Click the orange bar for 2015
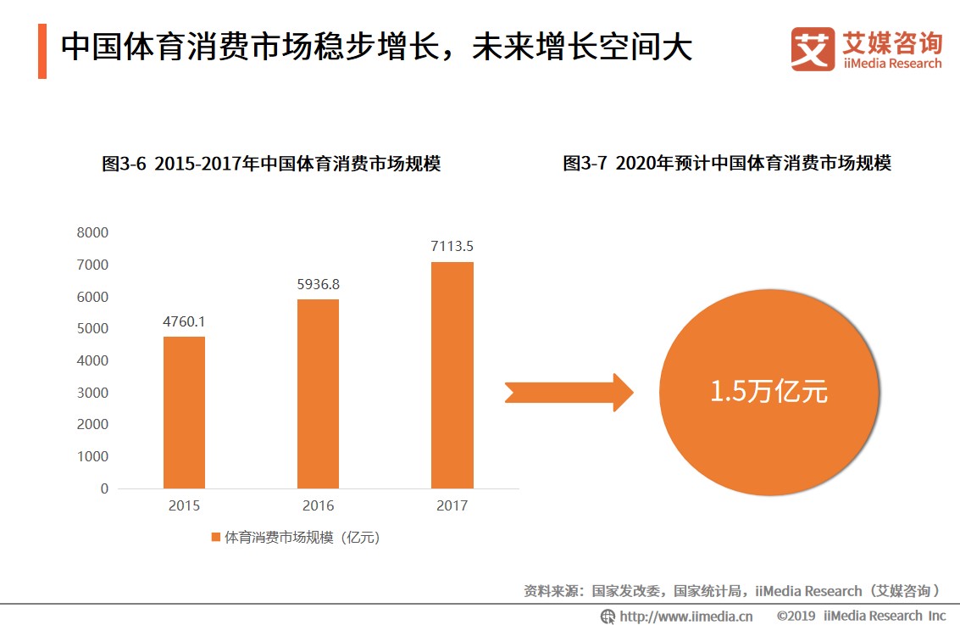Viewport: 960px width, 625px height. [x=184, y=412]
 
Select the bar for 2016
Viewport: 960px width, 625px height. [x=318, y=393]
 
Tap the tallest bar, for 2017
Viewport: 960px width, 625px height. [x=452, y=375]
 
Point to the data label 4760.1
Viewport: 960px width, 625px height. [x=184, y=322]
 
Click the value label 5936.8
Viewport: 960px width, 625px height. [x=318, y=285]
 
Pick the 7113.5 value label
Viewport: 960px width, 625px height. [x=452, y=247]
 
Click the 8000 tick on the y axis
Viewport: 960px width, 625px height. [x=92, y=232]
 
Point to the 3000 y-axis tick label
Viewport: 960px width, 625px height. [x=92, y=393]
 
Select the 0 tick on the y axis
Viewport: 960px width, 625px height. [x=104, y=488]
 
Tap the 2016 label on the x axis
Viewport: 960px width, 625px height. [x=318, y=506]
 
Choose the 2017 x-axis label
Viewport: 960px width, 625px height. [x=452, y=506]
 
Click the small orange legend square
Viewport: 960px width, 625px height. [x=215, y=537]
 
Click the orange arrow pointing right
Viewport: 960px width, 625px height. [x=569, y=393]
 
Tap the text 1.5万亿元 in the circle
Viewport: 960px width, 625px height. [x=769, y=392]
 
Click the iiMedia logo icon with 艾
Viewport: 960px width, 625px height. [x=812, y=48]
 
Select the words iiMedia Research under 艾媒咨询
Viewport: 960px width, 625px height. [x=891, y=64]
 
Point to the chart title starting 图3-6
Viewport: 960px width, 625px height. [x=271, y=164]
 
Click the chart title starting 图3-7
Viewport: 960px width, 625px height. [x=727, y=164]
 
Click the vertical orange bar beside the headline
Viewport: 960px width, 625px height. [x=42, y=52]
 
